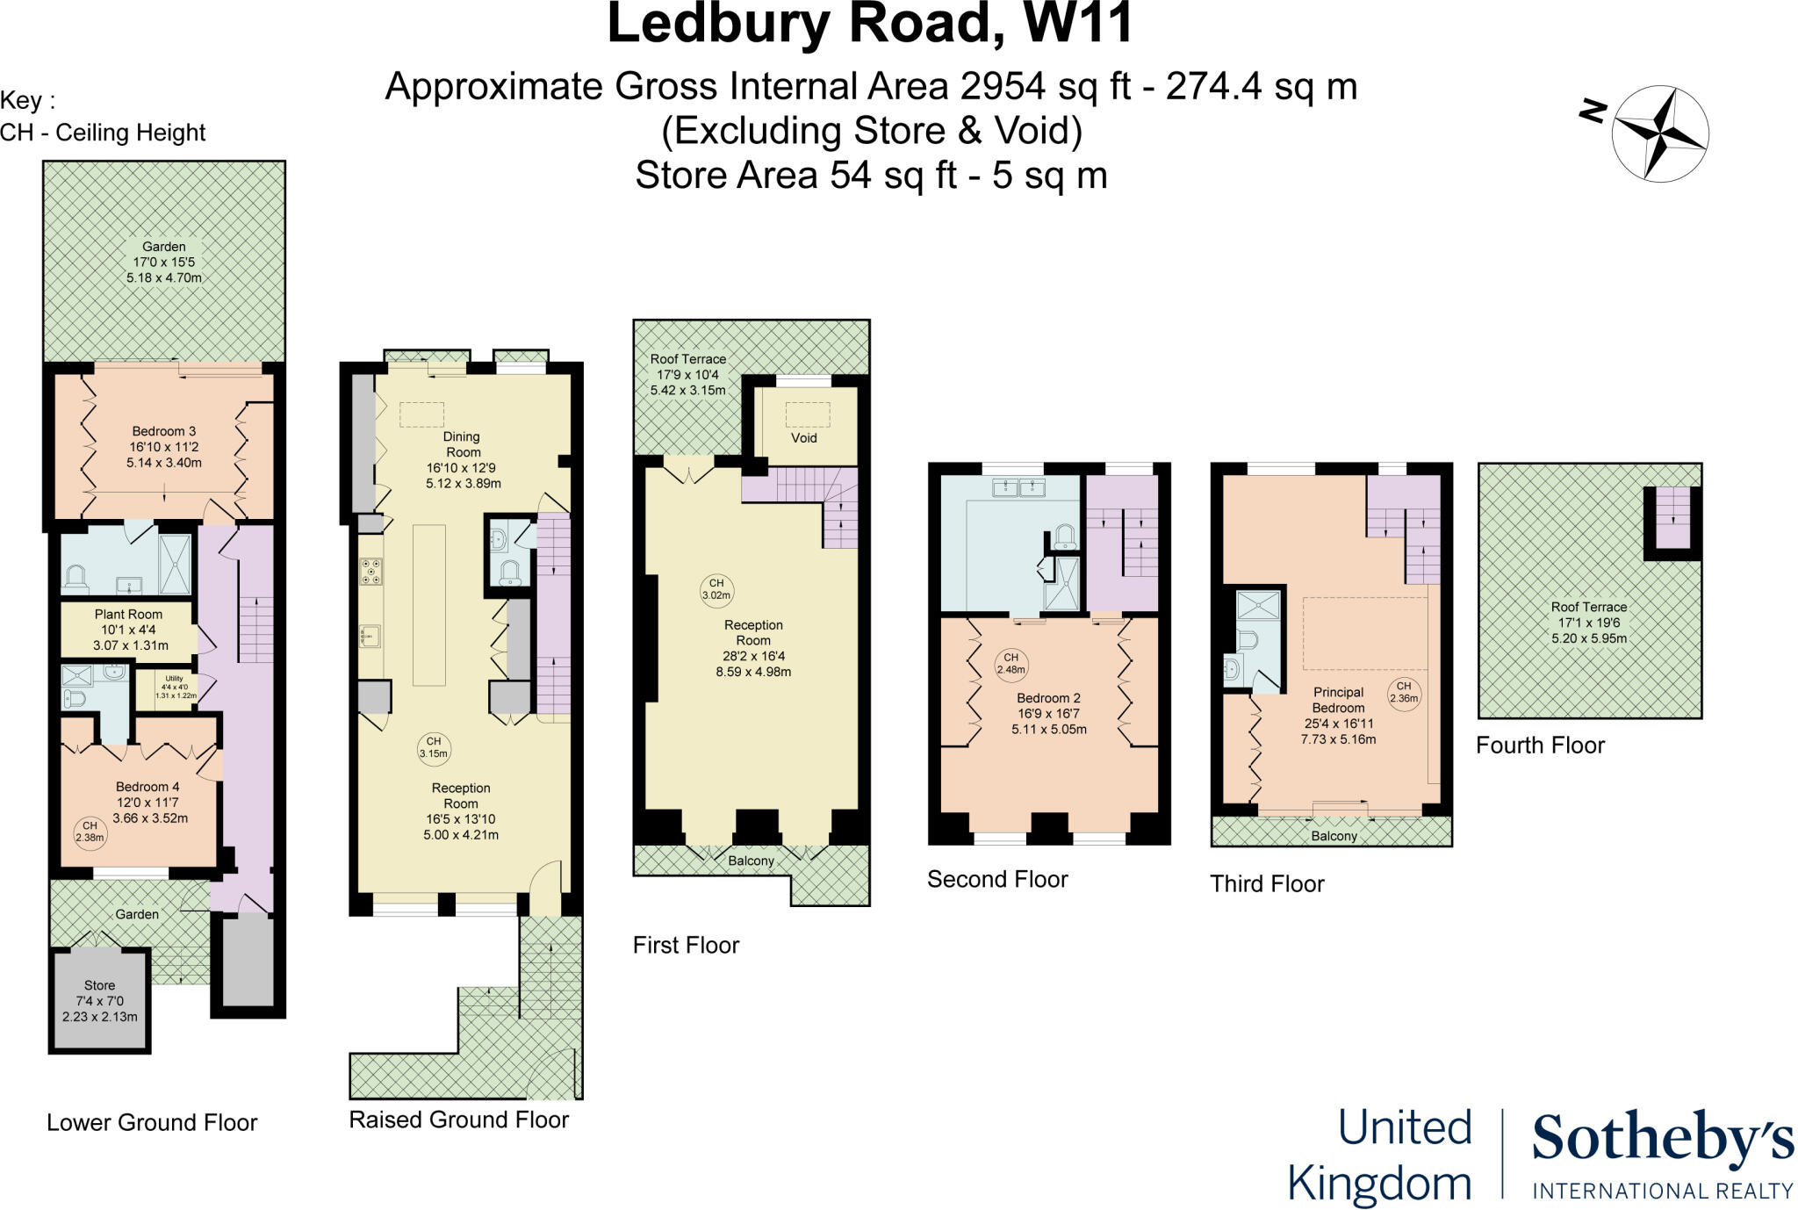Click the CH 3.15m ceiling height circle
click(434, 747)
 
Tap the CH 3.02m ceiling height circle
click(716, 589)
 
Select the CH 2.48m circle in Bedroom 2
click(1010, 663)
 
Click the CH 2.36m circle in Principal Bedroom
click(1404, 693)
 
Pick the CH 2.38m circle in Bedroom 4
click(90, 832)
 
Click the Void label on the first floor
click(803, 437)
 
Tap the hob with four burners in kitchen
click(370, 572)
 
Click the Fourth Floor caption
click(1540, 745)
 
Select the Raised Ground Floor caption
click(458, 1120)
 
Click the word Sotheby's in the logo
click(1663, 1140)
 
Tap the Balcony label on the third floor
click(1334, 836)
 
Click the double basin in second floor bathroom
click(1018, 487)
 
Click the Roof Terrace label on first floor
click(688, 359)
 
